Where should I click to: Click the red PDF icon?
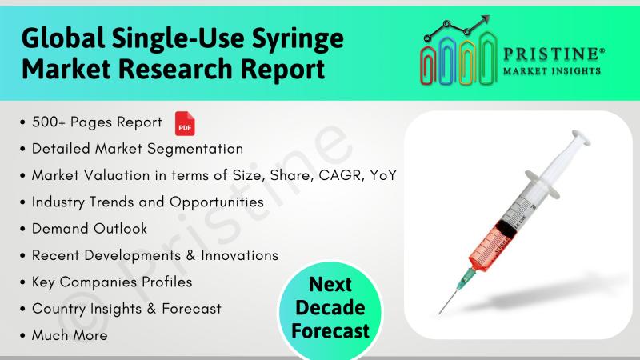(x=185, y=123)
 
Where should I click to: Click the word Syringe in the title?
(x=298, y=38)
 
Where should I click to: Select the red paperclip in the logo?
(x=428, y=66)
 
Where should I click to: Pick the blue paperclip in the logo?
(x=447, y=62)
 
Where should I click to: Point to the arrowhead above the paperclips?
(x=485, y=19)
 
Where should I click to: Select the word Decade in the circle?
(x=330, y=307)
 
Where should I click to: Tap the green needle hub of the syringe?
(x=466, y=277)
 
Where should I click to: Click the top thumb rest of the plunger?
(x=582, y=137)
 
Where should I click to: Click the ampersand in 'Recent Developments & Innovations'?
(x=190, y=255)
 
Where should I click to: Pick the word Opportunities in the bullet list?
(x=217, y=202)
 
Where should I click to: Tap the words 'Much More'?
(x=70, y=335)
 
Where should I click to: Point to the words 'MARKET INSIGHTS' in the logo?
(x=552, y=71)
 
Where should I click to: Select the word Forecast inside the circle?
(x=330, y=330)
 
